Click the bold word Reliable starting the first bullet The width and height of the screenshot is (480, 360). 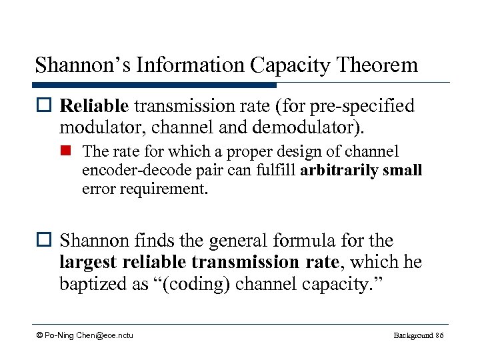(93, 106)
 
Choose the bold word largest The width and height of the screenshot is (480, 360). (87, 263)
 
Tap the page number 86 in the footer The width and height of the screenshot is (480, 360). (438, 335)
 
